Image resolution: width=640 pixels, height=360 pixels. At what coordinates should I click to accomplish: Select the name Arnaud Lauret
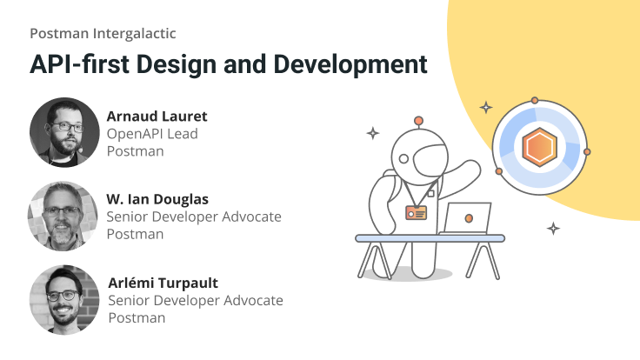(x=157, y=117)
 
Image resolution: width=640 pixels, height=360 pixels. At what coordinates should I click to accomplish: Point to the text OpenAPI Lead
(x=152, y=134)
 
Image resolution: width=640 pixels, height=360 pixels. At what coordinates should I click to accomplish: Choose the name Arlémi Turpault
(x=163, y=283)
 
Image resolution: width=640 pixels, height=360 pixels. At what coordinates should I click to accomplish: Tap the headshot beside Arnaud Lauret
(x=64, y=133)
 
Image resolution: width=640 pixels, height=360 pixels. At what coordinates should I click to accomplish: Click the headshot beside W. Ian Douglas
(x=64, y=217)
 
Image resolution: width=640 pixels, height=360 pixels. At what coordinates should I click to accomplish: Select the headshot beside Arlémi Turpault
(x=64, y=300)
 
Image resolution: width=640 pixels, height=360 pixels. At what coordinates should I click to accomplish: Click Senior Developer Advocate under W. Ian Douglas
(x=194, y=217)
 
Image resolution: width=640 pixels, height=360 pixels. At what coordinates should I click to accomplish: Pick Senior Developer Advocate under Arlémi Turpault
(x=196, y=301)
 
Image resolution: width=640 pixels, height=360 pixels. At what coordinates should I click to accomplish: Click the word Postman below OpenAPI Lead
(x=135, y=151)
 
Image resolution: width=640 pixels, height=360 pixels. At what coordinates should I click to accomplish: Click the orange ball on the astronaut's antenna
(x=418, y=121)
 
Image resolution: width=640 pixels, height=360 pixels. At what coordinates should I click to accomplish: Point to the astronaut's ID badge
(x=417, y=212)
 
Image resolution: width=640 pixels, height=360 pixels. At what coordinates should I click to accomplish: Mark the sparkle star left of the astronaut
(x=372, y=133)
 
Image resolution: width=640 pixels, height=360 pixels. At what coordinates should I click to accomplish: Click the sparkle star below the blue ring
(x=553, y=229)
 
